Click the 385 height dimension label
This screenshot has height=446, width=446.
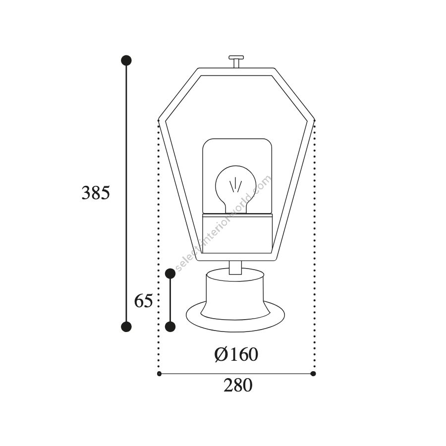(x=96, y=193)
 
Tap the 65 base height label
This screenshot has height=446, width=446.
(x=143, y=301)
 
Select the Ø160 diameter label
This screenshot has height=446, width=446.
(x=236, y=354)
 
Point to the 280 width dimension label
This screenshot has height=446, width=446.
(x=238, y=385)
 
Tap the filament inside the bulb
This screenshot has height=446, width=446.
(x=235, y=185)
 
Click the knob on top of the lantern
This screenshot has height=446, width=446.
(x=236, y=61)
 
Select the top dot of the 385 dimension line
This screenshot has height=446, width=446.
(x=126, y=60)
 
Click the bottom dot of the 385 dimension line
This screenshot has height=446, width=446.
(x=126, y=327)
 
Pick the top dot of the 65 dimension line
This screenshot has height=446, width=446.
(x=170, y=274)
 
